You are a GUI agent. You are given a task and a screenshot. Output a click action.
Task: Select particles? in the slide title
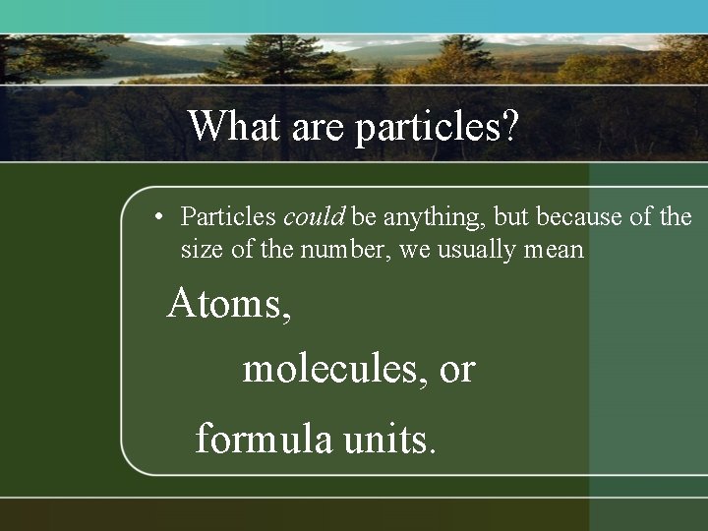(436, 129)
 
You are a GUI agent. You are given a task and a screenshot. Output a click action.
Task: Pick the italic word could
(313, 216)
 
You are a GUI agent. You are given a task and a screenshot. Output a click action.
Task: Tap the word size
(203, 250)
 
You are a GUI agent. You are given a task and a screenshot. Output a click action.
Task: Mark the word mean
(554, 250)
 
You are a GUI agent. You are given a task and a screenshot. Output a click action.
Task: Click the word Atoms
(229, 304)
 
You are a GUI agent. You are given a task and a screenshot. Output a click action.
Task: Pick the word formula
(264, 438)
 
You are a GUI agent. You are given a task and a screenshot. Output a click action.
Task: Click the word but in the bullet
(512, 216)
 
